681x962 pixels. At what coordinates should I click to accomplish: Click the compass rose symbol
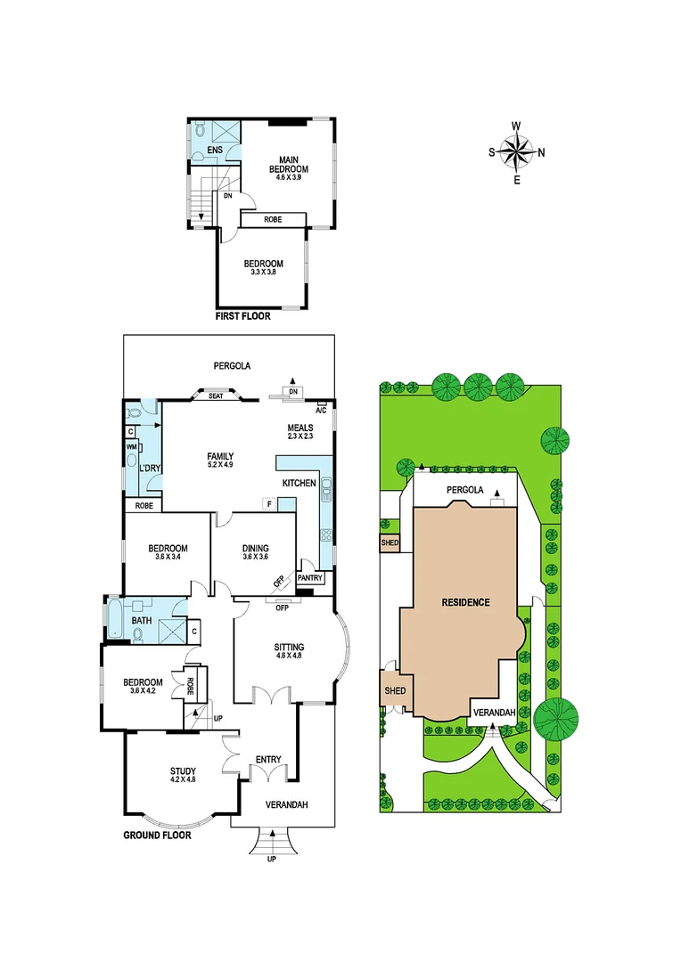517,151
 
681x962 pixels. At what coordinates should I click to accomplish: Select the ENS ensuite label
215,150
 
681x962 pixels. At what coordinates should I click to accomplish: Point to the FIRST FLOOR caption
243,316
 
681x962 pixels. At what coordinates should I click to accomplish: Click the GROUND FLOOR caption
157,836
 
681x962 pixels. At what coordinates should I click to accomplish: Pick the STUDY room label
183,772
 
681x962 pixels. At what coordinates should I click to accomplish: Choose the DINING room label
256,549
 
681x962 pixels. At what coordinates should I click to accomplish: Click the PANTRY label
310,578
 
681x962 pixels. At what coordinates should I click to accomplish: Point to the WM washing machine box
131,446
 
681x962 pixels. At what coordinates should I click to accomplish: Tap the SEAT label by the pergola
215,396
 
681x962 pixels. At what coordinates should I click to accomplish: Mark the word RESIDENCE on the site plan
466,602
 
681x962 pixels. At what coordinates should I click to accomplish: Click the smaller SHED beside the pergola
390,542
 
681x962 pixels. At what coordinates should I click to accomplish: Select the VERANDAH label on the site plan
492,713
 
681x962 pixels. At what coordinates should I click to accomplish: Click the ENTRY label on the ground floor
268,759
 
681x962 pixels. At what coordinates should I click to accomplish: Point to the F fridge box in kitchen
268,504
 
